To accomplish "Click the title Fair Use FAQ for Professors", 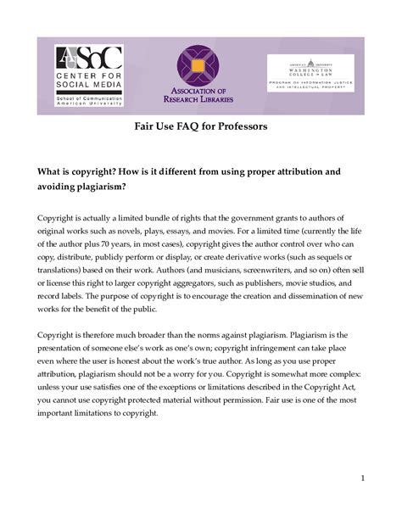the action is pyautogui.click(x=201, y=126).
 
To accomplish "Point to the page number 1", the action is pyautogui.click(x=362, y=478).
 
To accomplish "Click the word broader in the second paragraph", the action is pyautogui.click(x=158, y=340).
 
